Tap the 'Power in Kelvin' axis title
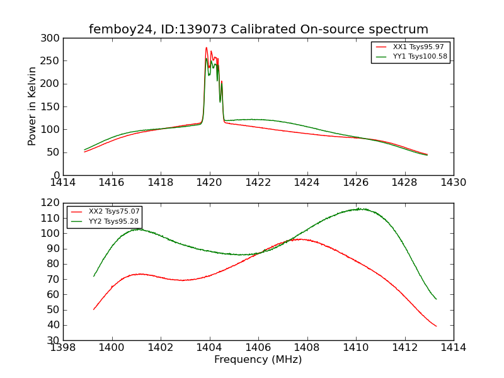coord(33,106)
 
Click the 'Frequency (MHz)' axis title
coord(258,360)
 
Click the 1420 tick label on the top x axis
coord(209,183)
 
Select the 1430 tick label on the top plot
coord(453,183)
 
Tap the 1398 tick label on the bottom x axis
coord(64,348)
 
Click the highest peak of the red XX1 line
coord(206,48)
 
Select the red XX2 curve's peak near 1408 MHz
coord(301,239)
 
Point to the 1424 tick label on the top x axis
coord(307,183)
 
